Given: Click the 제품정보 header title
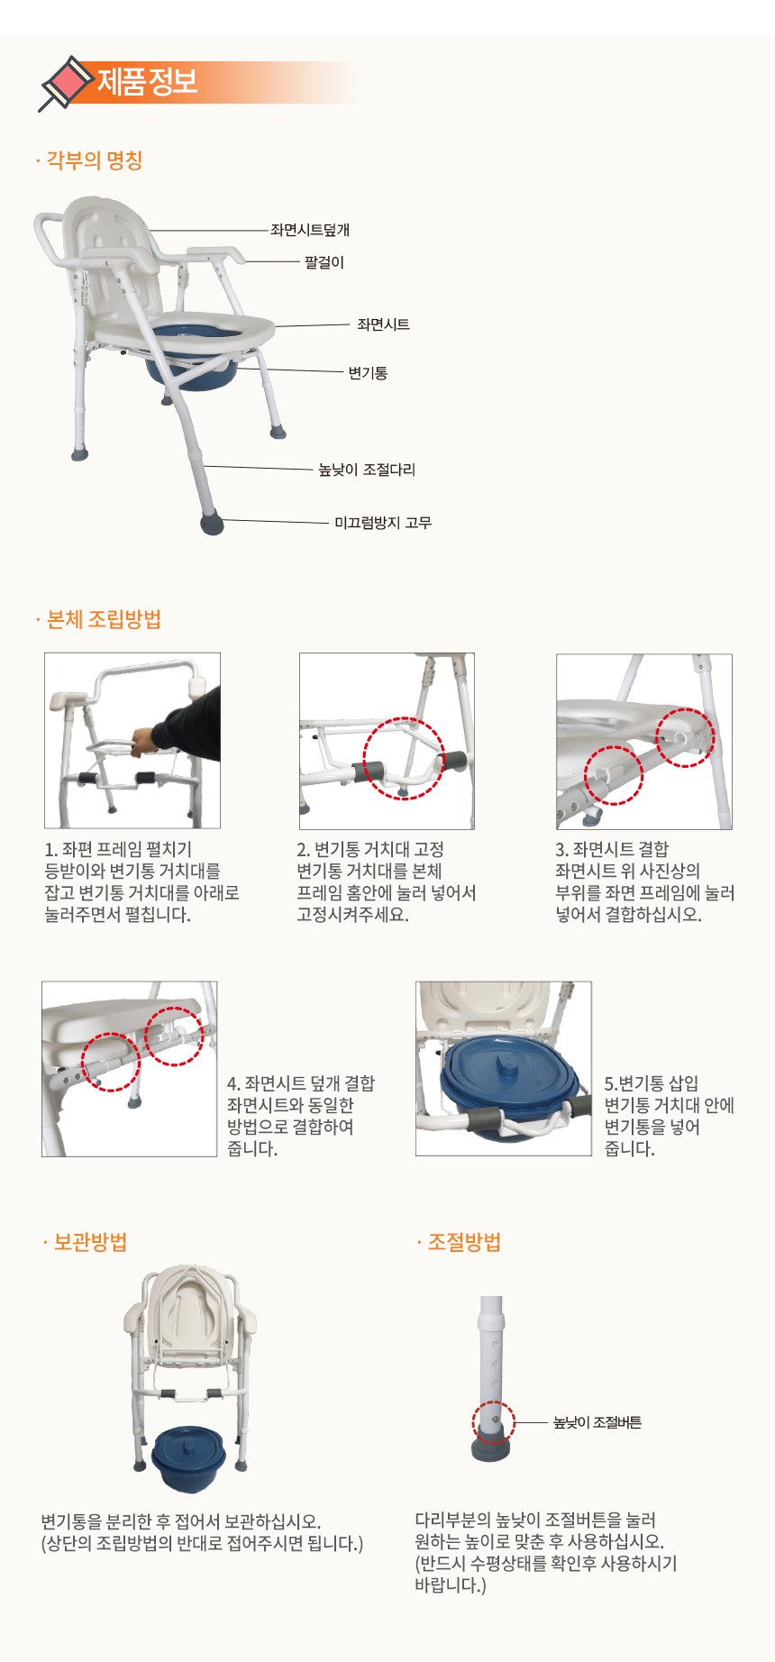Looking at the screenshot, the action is tap(147, 82).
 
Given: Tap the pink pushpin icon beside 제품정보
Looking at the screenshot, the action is tap(65, 83).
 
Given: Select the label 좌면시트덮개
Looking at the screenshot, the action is tap(310, 230).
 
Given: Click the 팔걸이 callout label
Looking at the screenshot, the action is tap(324, 262).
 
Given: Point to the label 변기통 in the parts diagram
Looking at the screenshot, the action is tap(368, 372).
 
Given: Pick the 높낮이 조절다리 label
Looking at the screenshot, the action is tap(367, 470).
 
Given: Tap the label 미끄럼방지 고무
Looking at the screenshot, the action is tap(383, 522).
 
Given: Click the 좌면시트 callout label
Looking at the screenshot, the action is tap(383, 324).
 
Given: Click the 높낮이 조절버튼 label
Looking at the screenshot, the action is tap(597, 1422).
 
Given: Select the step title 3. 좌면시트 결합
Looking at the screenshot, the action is tap(612, 849).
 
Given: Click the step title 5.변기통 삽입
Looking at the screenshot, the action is tap(651, 1083).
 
